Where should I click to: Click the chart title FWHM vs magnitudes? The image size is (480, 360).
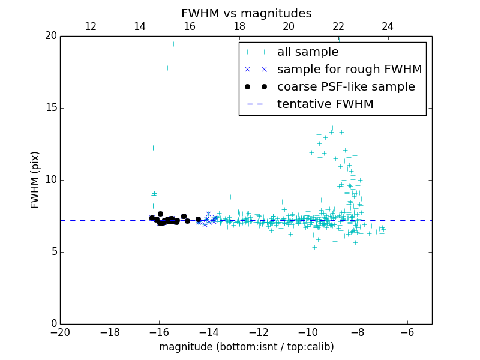point(246,13)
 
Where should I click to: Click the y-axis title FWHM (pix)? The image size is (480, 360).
point(35,180)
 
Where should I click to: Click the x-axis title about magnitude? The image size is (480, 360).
point(246,347)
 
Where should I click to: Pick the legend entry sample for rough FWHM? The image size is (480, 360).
point(349,69)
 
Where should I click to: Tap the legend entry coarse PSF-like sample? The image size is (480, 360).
point(346,86)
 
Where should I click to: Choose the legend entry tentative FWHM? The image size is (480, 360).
point(325,104)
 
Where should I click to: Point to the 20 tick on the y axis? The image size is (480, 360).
point(50,36)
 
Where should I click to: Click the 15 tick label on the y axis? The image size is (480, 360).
point(50,108)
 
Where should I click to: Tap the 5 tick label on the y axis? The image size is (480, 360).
point(53,252)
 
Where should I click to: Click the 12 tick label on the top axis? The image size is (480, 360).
point(91,26)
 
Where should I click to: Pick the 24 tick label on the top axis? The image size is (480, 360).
point(388,26)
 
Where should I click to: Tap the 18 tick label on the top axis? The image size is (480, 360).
point(239,26)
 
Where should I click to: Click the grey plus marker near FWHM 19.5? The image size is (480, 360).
point(173,44)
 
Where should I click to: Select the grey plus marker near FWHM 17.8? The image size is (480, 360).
point(167,68)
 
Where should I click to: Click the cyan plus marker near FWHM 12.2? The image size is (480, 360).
point(153,148)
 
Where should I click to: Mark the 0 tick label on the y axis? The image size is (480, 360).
point(53,324)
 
